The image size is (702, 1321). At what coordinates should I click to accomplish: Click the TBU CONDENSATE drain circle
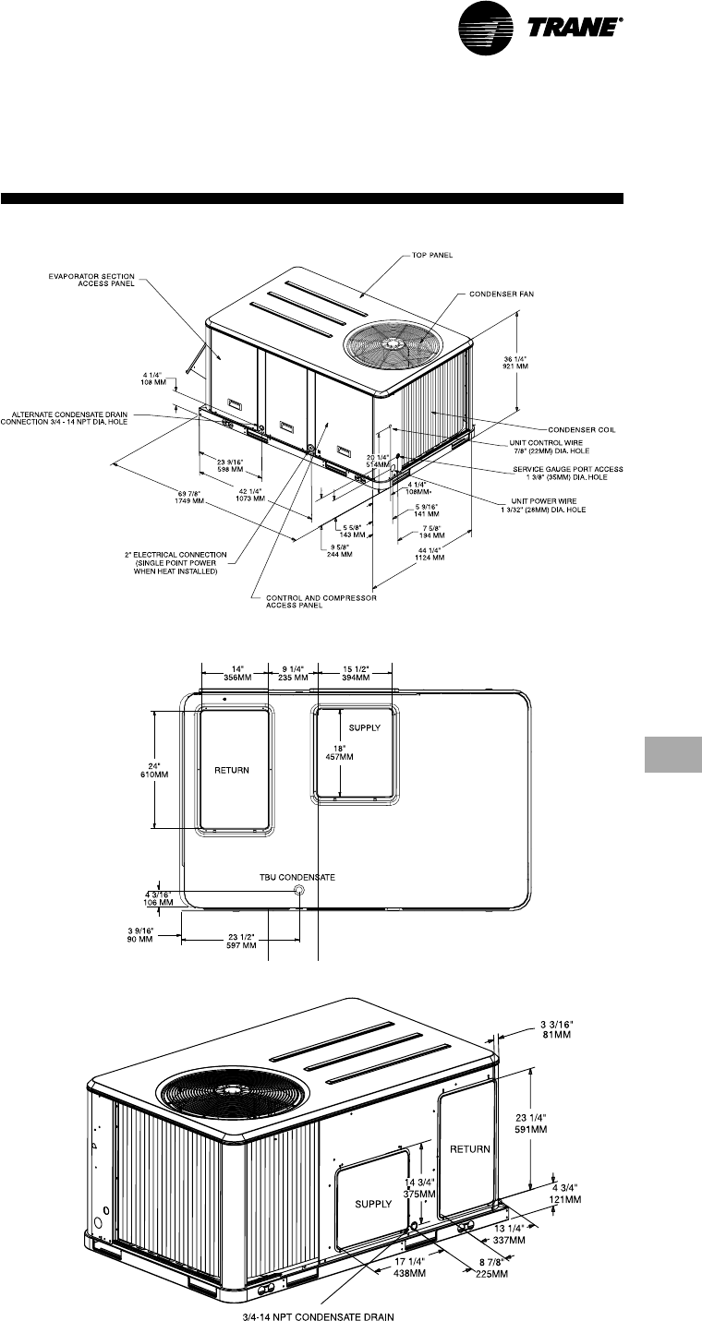coord(298,890)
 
